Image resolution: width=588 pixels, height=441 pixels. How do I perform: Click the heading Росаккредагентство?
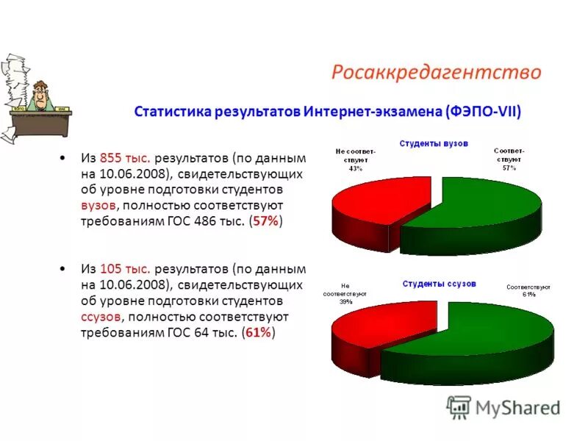click(436, 72)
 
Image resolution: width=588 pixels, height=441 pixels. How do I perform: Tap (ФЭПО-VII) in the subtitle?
click(483, 112)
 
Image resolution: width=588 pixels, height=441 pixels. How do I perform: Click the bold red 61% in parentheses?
click(259, 333)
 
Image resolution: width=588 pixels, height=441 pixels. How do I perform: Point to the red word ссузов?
click(101, 317)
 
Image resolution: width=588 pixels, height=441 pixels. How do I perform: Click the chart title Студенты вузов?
click(434, 144)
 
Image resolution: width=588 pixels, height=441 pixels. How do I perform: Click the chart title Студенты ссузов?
click(439, 283)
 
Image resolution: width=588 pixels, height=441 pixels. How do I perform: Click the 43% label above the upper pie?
click(356, 168)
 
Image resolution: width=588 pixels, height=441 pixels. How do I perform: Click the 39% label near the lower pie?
click(345, 301)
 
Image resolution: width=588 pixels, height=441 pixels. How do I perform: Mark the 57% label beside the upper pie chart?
click(509, 168)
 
